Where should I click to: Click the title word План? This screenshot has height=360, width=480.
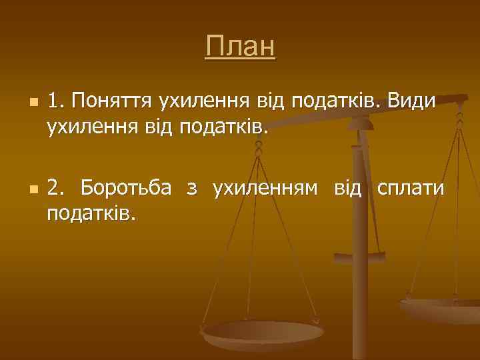[x=240, y=47]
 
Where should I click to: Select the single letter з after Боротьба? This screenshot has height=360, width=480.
[x=192, y=189]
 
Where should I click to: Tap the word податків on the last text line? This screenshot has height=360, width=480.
[x=91, y=214]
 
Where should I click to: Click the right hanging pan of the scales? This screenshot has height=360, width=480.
[x=440, y=309]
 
